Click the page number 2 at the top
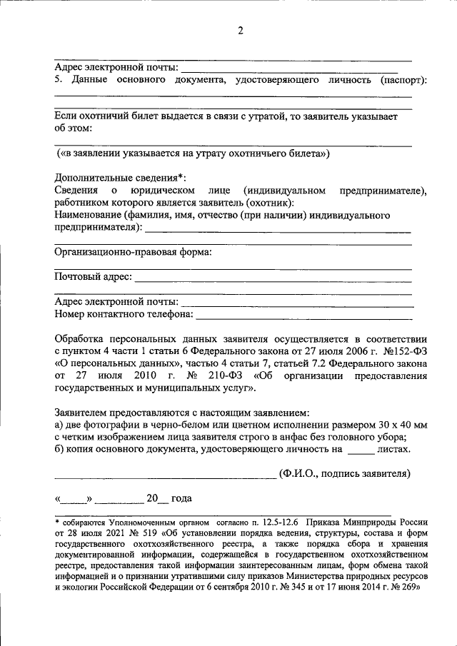pos(241,30)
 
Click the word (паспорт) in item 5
pos(403,79)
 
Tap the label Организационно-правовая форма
pos(132,252)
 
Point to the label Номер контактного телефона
pos(124,313)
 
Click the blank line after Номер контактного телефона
pos(303,316)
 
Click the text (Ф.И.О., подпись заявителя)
pos(346,473)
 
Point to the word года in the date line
pos(181,498)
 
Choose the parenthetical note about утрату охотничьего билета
pos(194,153)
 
